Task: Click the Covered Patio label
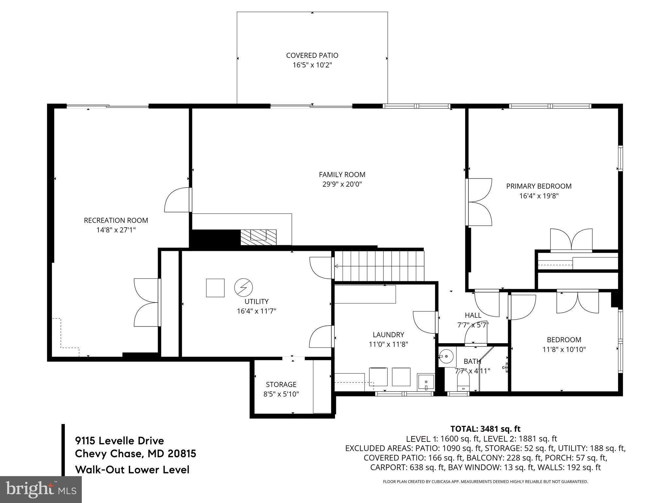coord(312,55)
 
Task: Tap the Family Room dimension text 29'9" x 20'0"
coord(342,184)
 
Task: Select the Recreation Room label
coord(116,220)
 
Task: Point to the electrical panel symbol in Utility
coord(243,288)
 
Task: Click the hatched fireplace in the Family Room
coord(258,237)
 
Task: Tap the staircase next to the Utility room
coord(379,266)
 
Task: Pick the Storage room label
coord(281,384)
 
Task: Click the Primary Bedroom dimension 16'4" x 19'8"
coord(538,196)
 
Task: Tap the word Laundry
coord(388,335)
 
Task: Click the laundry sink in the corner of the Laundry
coord(426,382)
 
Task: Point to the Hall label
coord(473,315)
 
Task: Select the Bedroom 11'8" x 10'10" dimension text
coord(564,349)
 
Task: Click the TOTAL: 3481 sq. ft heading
coord(485,429)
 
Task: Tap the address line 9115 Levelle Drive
coord(119,440)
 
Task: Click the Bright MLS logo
coord(41,489)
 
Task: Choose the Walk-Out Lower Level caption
coord(132,470)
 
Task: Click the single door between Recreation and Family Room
coord(178,200)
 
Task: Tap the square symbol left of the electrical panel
coord(215,288)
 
